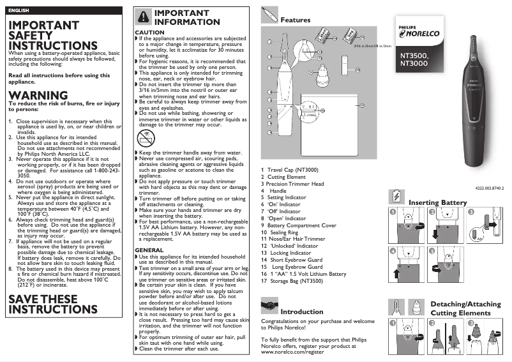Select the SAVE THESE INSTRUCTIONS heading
(43, 304)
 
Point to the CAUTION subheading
(149, 32)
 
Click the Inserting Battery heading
(437, 202)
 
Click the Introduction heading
(302, 312)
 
